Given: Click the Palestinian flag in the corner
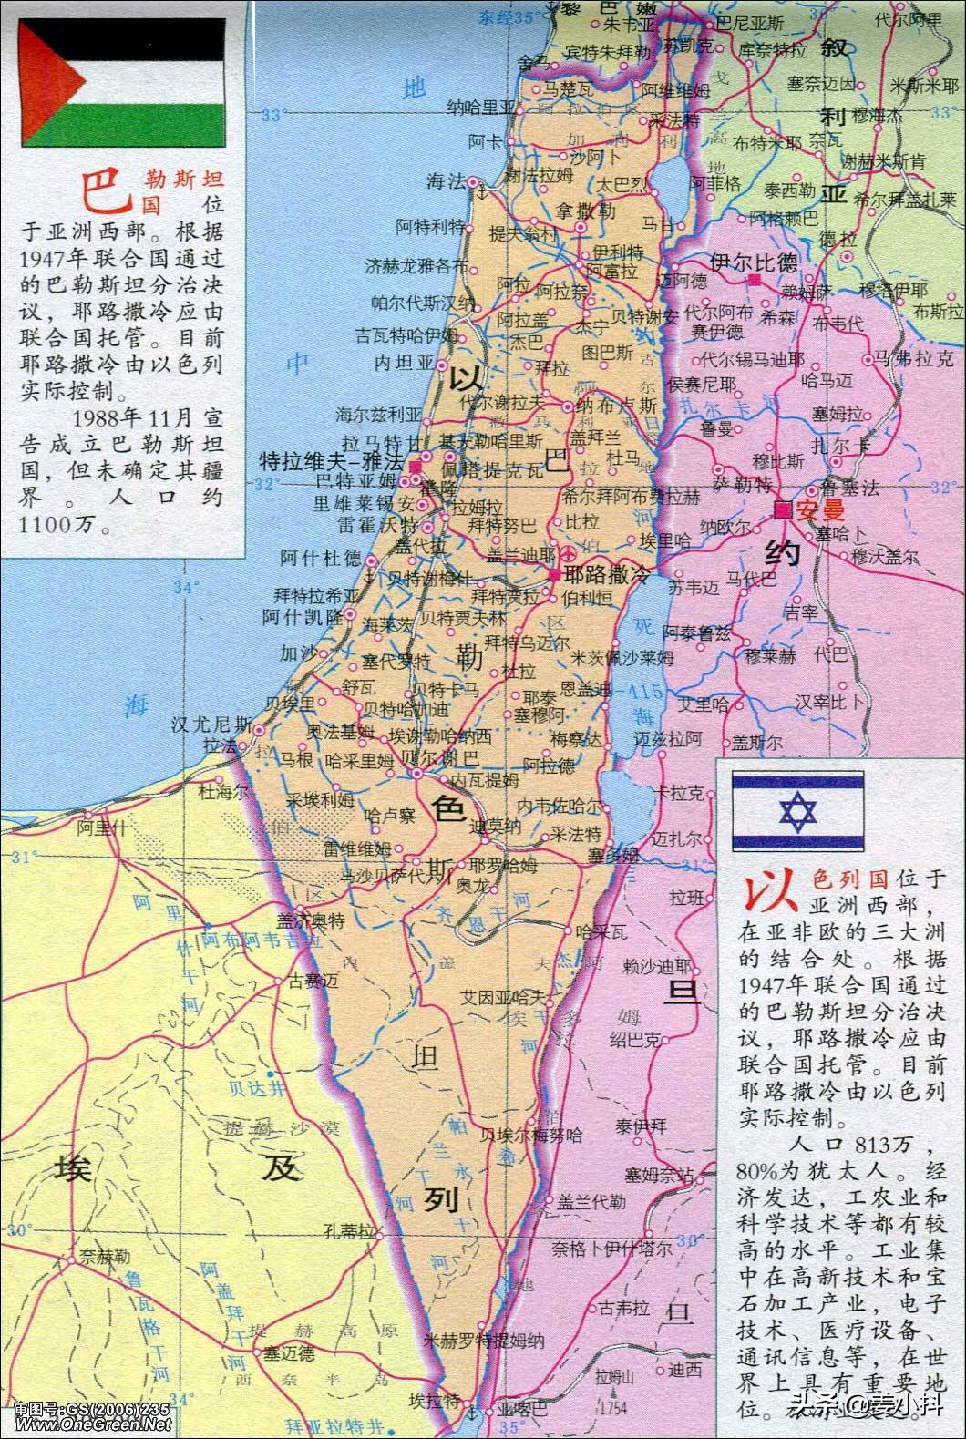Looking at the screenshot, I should [x=123, y=84].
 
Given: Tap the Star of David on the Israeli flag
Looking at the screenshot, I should [x=798, y=812].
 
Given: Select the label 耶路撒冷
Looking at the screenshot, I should [x=605, y=575].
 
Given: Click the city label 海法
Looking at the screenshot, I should [x=446, y=181].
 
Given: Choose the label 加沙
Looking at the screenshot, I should [x=296, y=653].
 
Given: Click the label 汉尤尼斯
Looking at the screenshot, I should [x=211, y=725].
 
